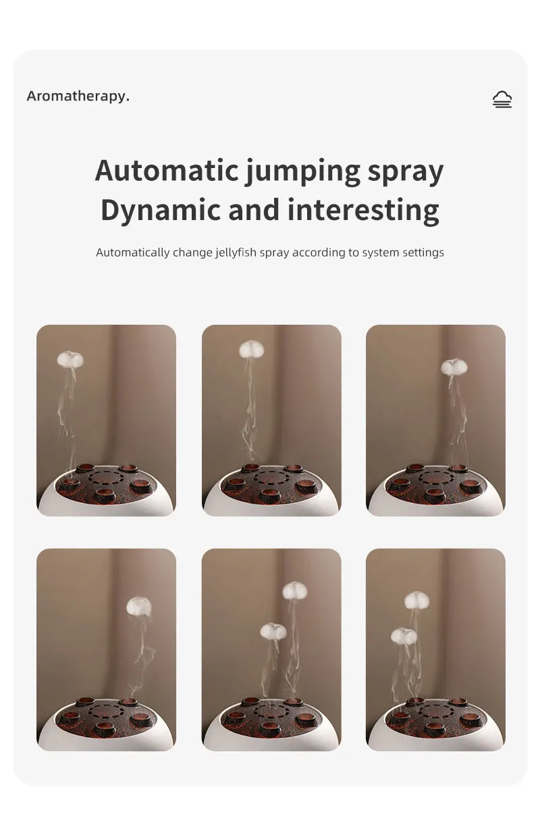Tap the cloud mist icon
point(502,99)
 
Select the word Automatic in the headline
point(167,170)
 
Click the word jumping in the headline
point(302,172)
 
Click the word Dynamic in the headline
point(160,211)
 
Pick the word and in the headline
point(254,210)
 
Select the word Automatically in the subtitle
point(133,253)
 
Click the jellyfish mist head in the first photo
point(70,359)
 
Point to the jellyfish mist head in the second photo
point(251,349)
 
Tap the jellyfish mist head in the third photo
point(454,367)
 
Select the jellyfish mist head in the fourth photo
point(139,606)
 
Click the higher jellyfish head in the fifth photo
point(294,591)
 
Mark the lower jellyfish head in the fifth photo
point(273,630)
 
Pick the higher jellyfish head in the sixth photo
point(416,601)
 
